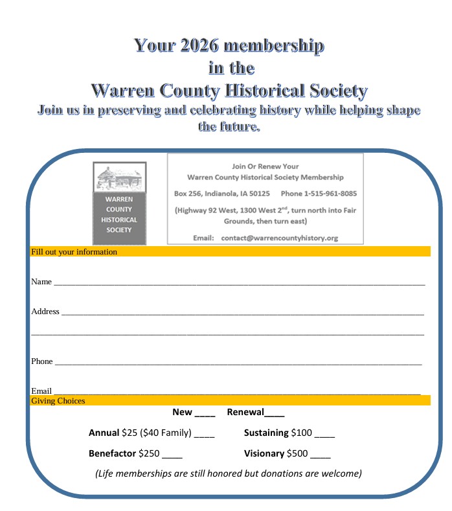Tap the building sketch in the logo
click(x=120, y=178)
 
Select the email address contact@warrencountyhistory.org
click(x=279, y=238)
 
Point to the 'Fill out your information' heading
click(x=74, y=252)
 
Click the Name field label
click(x=41, y=282)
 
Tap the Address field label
click(x=45, y=312)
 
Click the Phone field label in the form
click(x=42, y=361)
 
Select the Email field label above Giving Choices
click(x=41, y=391)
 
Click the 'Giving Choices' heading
click(x=58, y=401)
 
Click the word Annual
click(x=104, y=433)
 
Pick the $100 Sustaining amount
click(x=301, y=433)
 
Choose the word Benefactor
click(x=112, y=453)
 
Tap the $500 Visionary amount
click(x=297, y=453)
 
